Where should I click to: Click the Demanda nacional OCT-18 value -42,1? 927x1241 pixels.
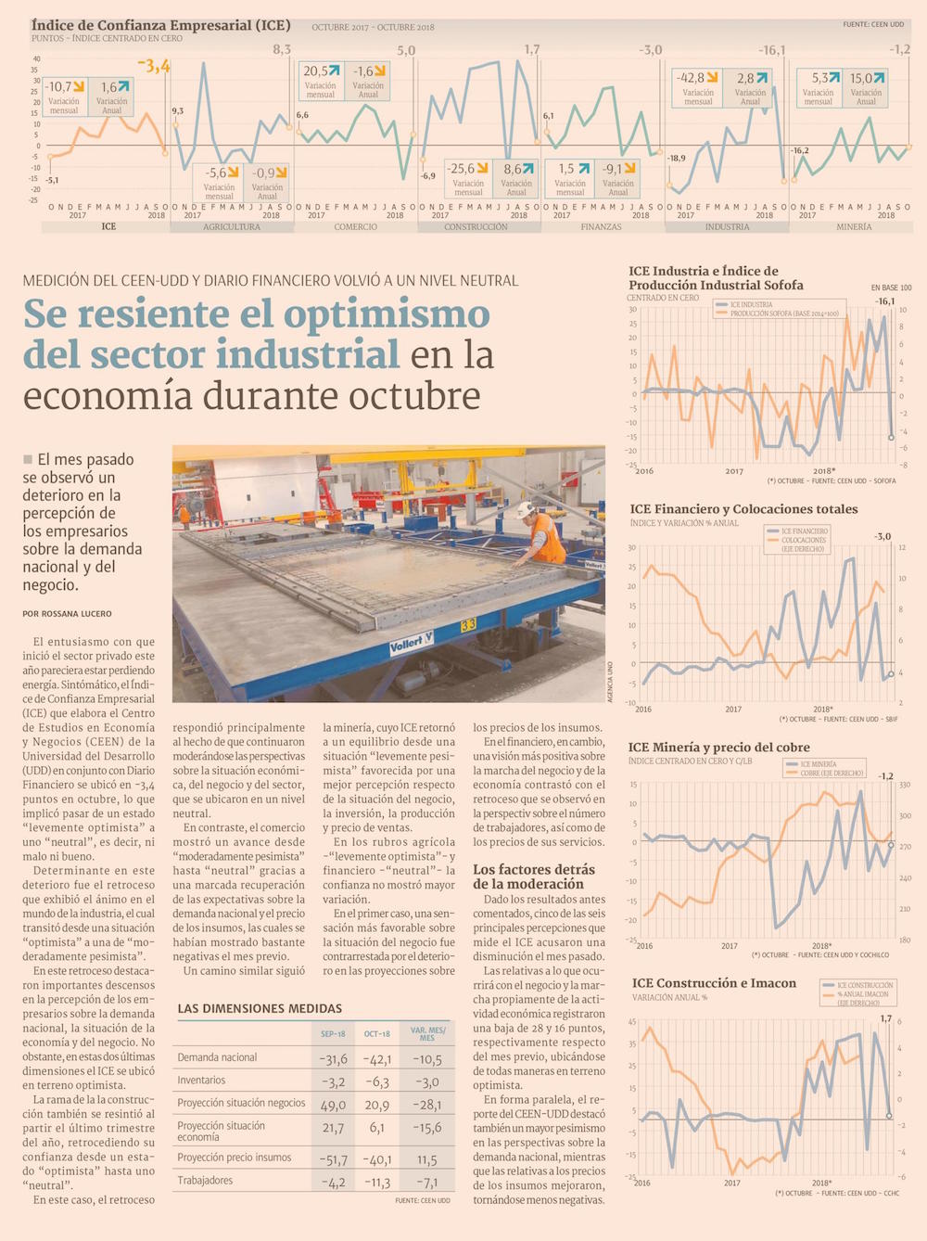[x=377, y=1059]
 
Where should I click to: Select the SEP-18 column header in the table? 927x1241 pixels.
[x=333, y=1033]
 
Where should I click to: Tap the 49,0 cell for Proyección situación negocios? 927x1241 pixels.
[x=333, y=1105]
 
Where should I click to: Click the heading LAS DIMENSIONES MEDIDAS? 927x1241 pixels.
[x=260, y=1008]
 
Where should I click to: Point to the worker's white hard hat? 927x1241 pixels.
[x=526, y=509]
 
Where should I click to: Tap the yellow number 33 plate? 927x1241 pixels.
[x=468, y=625]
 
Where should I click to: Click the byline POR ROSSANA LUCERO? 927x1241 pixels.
[x=67, y=614]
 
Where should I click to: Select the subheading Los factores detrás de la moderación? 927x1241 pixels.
[x=534, y=876]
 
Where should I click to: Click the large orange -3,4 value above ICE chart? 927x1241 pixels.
[x=154, y=66]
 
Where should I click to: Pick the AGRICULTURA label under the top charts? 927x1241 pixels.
[x=232, y=226]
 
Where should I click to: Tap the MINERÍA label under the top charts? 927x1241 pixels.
[x=854, y=226]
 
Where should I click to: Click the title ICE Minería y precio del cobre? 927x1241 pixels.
[x=718, y=747]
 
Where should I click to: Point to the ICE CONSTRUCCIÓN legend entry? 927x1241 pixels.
[x=864, y=985]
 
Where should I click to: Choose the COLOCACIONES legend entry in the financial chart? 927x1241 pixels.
[x=803, y=540]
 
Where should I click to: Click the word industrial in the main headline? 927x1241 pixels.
[x=308, y=354]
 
